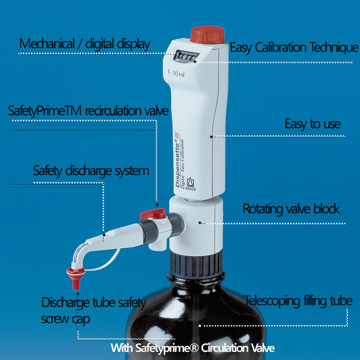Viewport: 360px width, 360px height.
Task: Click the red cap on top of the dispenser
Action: (x=207, y=35)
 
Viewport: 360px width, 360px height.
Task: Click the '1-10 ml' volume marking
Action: (x=175, y=73)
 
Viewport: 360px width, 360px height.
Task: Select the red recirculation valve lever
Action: (x=153, y=213)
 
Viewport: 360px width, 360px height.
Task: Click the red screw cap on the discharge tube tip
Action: (x=76, y=277)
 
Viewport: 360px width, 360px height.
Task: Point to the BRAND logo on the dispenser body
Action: (x=190, y=184)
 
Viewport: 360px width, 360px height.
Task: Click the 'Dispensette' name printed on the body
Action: (x=177, y=159)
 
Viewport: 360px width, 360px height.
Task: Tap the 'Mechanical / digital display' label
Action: (x=85, y=44)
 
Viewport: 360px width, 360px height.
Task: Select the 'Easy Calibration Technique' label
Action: (x=294, y=48)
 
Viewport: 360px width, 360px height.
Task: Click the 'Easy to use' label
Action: (x=313, y=124)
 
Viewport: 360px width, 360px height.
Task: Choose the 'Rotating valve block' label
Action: (x=291, y=209)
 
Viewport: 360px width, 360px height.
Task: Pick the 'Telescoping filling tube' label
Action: (x=298, y=301)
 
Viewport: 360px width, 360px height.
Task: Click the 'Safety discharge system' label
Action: (x=91, y=171)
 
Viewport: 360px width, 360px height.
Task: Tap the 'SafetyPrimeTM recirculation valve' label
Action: (x=88, y=111)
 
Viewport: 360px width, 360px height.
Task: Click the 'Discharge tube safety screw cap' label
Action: (x=94, y=310)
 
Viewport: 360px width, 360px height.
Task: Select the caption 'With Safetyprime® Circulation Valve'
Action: (x=193, y=348)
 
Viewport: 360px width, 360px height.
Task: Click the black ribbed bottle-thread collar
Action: (x=196, y=264)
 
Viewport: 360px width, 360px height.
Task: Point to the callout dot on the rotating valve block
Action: (x=200, y=223)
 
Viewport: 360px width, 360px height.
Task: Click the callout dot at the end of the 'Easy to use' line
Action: (x=211, y=137)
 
